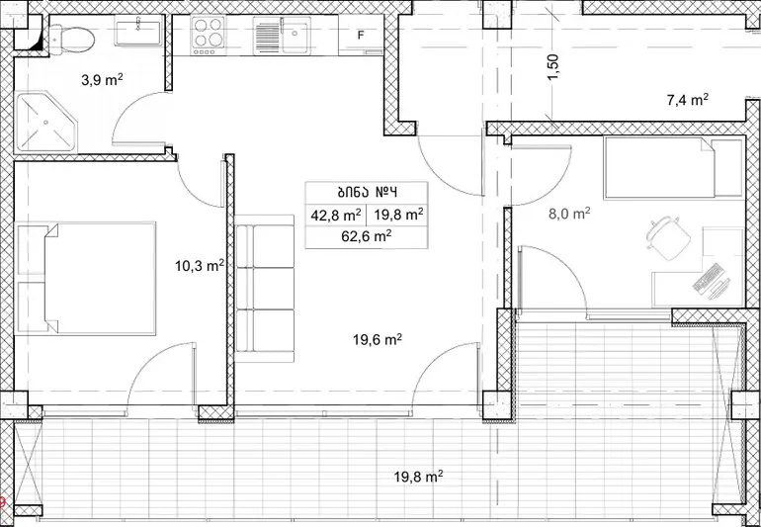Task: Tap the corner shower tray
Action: (x=45, y=122)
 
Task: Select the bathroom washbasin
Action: (x=138, y=30)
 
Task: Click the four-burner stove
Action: (x=209, y=35)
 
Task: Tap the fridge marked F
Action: (x=361, y=35)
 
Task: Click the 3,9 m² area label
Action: (x=102, y=80)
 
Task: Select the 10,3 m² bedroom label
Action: (x=200, y=265)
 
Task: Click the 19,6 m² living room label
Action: (x=378, y=340)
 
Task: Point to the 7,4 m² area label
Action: (x=687, y=101)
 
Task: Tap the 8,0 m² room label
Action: (x=569, y=214)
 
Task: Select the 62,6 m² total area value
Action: (x=367, y=237)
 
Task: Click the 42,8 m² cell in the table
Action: (x=335, y=215)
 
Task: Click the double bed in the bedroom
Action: (x=86, y=278)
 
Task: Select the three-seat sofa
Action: (x=265, y=289)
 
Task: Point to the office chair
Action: (x=668, y=238)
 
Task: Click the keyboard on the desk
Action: (x=707, y=278)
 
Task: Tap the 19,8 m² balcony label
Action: (x=418, y=477)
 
